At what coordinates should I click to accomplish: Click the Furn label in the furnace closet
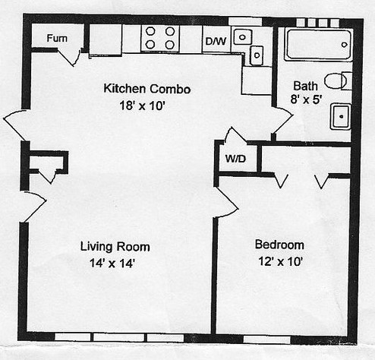click(x=55, y=38)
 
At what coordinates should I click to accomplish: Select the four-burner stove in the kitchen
click(x=160, y=38)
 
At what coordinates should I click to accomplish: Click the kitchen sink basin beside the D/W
click(x=242, y=36)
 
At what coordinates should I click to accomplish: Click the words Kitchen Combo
click(x=147, y=89)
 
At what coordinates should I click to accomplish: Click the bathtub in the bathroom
click(x=317, y=45)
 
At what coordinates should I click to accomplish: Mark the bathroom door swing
click(x=282, y=120)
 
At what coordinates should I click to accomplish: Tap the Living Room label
click(x=115, y=246)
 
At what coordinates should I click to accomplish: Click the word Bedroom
click(x=279, y=245)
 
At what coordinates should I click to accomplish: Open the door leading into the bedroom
click(x=226, y=203)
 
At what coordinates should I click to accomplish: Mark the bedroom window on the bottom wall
click(x=266, y=336)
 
